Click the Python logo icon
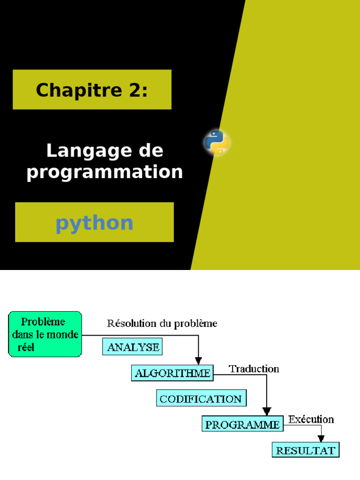point(217,142)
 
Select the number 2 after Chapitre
point(133,90)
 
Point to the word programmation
point(105,172)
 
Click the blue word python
point(94,223)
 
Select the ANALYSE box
point(133,347)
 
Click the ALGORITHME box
point(172,374)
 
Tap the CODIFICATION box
point(201,399)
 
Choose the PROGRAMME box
point(243,425)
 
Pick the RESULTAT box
point(305,450)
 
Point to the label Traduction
point(254,369)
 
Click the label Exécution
point(311,419)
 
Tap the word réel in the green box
point(26,347)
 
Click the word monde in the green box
point(64,335)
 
